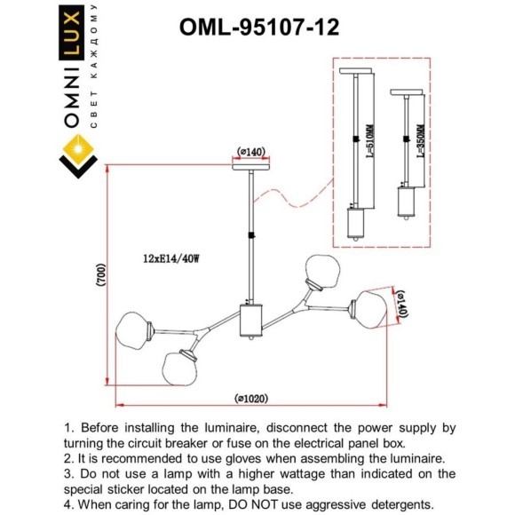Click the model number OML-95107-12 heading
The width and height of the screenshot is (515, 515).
[x=259, y=27]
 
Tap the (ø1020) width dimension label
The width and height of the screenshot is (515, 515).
[x=251, y=399]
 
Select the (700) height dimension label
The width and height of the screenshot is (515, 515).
[x=101, y=275]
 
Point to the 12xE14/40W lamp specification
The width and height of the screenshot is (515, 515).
[x=171, y=258]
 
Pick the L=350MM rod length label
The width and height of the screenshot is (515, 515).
[x=421, y=141]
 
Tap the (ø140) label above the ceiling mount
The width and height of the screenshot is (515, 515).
[x=251, y=152]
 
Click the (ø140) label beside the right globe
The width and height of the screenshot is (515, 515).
[x=402, y=305]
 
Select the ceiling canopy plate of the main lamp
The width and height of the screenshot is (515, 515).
[x=251, y=167]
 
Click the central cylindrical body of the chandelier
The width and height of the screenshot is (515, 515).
[x=251, y=321]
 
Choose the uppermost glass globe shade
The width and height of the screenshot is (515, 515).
[x=322, y=271]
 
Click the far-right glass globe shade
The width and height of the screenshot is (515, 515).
[x=370, y=309]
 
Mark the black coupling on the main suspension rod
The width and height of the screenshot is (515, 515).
[x=251, y=235]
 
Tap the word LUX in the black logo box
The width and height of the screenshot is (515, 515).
[x=72, y=32]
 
